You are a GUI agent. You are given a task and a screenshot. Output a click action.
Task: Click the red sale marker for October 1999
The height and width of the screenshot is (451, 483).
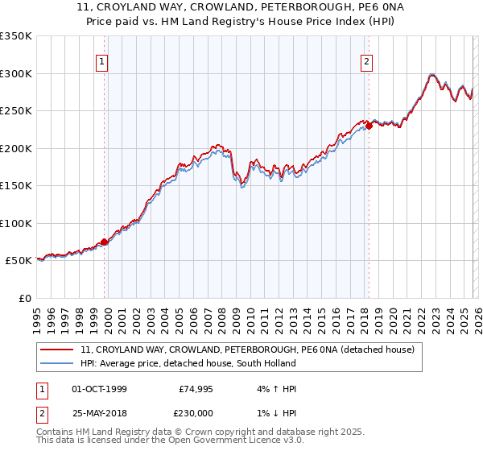pos(105,242)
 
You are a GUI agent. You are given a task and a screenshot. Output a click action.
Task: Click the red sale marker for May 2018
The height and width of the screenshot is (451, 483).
pos(369,126)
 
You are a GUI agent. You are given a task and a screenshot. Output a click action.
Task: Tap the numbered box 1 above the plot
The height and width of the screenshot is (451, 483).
pos(103,61)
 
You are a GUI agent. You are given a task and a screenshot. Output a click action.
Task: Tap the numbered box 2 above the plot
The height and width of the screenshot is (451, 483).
pos(366,61)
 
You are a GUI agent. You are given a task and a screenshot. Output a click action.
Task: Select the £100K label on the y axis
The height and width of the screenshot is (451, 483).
pos(16,223)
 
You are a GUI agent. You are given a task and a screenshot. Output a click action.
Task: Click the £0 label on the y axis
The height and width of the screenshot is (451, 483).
pos(24,298)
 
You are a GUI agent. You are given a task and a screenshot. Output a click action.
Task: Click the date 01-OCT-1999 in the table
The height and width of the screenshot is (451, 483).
pos(99,389)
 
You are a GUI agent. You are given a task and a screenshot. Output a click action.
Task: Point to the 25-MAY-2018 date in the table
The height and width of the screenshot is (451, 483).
pos(99,413)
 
